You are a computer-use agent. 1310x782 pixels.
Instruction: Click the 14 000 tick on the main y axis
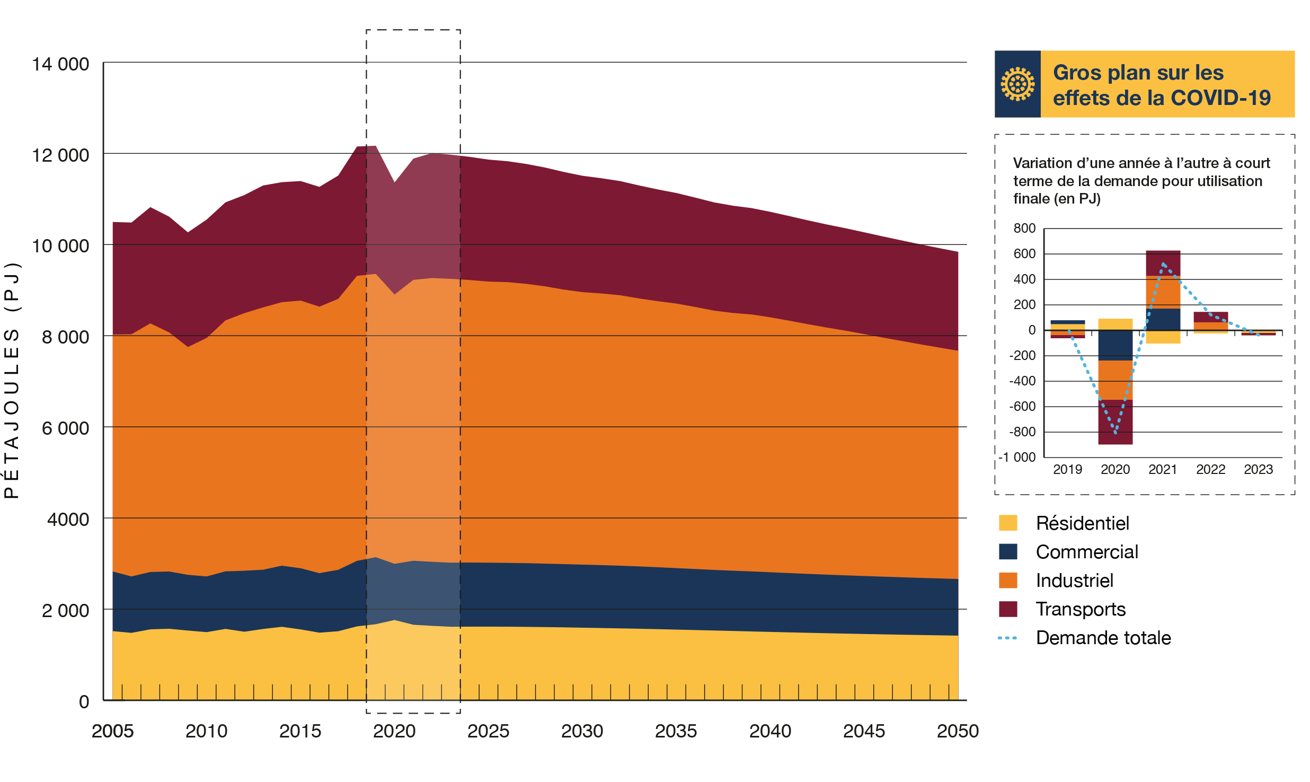(x=60, y=64)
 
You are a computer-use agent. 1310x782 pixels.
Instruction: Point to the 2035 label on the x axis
(x=676, y=731)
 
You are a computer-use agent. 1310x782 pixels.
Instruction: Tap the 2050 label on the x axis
(x=958, y=731)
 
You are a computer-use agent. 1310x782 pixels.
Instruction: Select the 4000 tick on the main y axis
(x=67, y=519)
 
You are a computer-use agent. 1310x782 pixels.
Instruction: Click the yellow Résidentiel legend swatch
(x=1007, y=523)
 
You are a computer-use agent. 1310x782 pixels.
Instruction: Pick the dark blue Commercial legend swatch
(x=1007, y=551)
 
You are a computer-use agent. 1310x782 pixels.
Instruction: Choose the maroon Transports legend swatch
(x=1007, y=609)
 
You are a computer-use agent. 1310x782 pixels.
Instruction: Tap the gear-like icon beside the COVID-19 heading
(x=1017, y=84)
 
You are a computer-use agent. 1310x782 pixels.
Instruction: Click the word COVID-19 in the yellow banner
(x=1220, y=98)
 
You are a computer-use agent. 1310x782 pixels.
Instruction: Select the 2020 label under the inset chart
(x=1115, y=469)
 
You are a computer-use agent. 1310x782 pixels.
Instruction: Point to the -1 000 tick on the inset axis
(x=1017, y=457)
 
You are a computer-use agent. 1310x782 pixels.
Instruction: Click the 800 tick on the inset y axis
(x=1024, y=228)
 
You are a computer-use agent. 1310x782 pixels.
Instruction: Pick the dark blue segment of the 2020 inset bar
(x=1115, y=345)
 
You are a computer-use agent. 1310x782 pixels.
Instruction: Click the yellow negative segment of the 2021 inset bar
(x=1163, y=337)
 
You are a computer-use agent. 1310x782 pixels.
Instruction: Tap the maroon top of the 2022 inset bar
(x=1210, y=317)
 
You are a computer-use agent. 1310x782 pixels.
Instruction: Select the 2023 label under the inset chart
(x=1258, y=469)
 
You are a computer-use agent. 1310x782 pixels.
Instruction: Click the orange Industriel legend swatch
(x=1007, y=580)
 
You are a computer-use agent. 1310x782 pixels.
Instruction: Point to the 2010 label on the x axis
(x=206, y=731)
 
